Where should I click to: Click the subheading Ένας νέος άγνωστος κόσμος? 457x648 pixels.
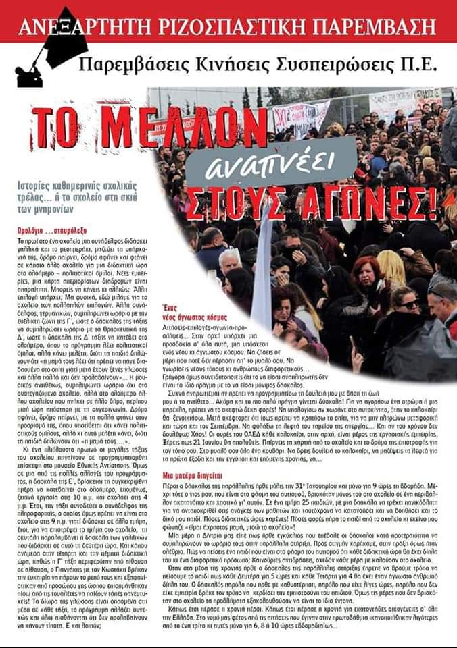tap(195, 311)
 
